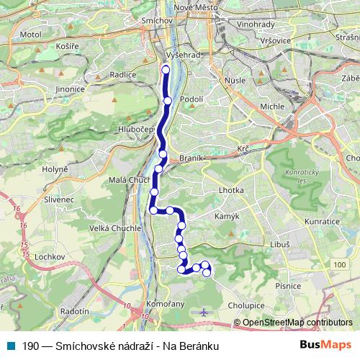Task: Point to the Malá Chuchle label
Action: tap(128, 181)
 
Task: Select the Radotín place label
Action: tap(76, 311)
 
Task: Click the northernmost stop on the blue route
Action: tap(166, 70)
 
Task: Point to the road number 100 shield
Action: tap(339, 266)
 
